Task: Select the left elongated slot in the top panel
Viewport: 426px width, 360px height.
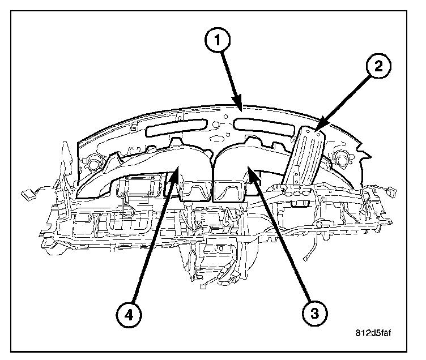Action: point(174,129)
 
